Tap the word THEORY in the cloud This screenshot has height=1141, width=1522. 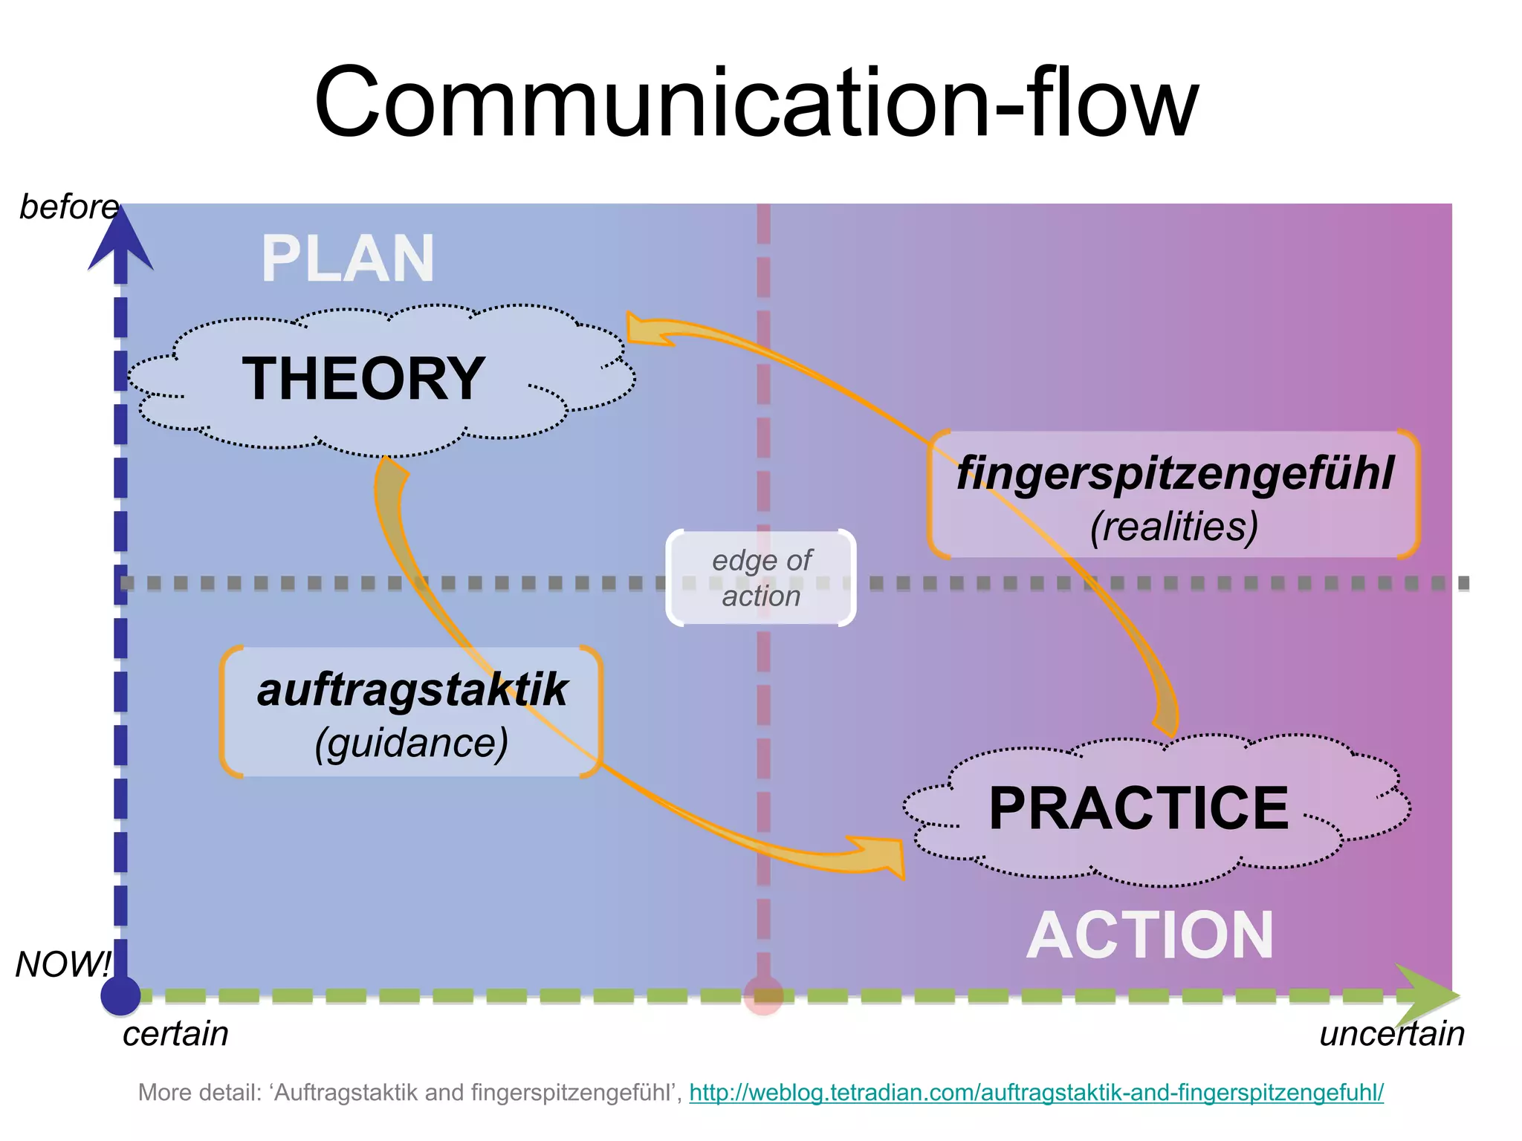coord(363,379)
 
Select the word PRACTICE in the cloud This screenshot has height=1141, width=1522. coord(1138,808)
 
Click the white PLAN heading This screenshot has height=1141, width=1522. coord(348,259)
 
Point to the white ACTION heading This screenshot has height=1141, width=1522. coord(1150,935)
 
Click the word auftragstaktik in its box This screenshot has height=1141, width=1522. coord(412,689)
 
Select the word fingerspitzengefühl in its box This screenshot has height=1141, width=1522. coord(1174,472)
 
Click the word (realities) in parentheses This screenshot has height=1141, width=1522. coord(1174,527)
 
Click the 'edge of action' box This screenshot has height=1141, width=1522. coord(761,578)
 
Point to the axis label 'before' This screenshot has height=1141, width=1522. coord(68,207)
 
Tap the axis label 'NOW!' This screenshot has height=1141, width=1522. coord(63,964)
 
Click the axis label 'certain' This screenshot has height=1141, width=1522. coord(175,1033)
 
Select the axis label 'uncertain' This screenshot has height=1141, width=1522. coord(1391,1033)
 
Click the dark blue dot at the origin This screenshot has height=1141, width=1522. coord(121,995)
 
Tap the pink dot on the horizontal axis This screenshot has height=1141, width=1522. coord(763,995)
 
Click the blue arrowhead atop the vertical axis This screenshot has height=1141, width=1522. coord(121,238)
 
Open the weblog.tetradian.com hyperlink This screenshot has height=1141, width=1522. coord(1036,1093)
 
